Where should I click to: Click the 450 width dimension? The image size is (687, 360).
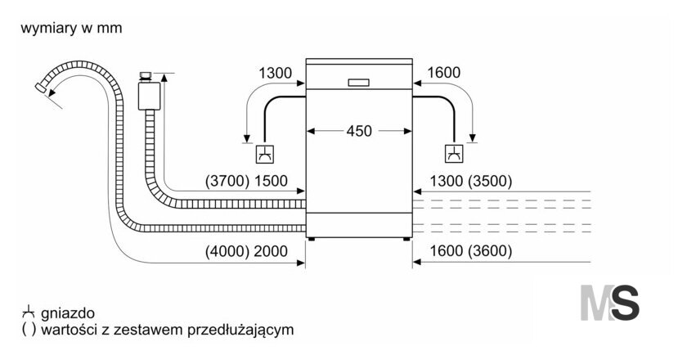359,131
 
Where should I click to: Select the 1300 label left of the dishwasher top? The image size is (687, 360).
275,73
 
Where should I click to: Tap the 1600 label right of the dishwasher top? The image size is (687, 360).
443,72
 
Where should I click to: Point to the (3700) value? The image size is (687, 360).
227,181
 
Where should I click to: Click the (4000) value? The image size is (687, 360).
227,251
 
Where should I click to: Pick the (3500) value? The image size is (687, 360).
489,181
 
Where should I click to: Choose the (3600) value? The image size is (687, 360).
489,251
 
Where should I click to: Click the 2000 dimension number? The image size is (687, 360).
271,251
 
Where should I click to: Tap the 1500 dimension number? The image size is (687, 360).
271,181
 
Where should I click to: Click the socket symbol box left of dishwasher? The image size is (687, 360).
266,154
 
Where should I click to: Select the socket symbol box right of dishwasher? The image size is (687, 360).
455,154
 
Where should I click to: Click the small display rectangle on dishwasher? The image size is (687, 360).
358,83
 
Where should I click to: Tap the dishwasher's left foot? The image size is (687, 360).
312,239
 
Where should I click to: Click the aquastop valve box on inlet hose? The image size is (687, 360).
149,95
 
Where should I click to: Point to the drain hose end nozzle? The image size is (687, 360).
41,88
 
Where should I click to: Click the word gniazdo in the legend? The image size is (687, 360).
67,313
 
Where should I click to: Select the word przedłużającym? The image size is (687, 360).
240,330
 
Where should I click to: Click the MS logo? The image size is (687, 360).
609,303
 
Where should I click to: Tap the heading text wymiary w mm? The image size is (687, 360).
71,28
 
